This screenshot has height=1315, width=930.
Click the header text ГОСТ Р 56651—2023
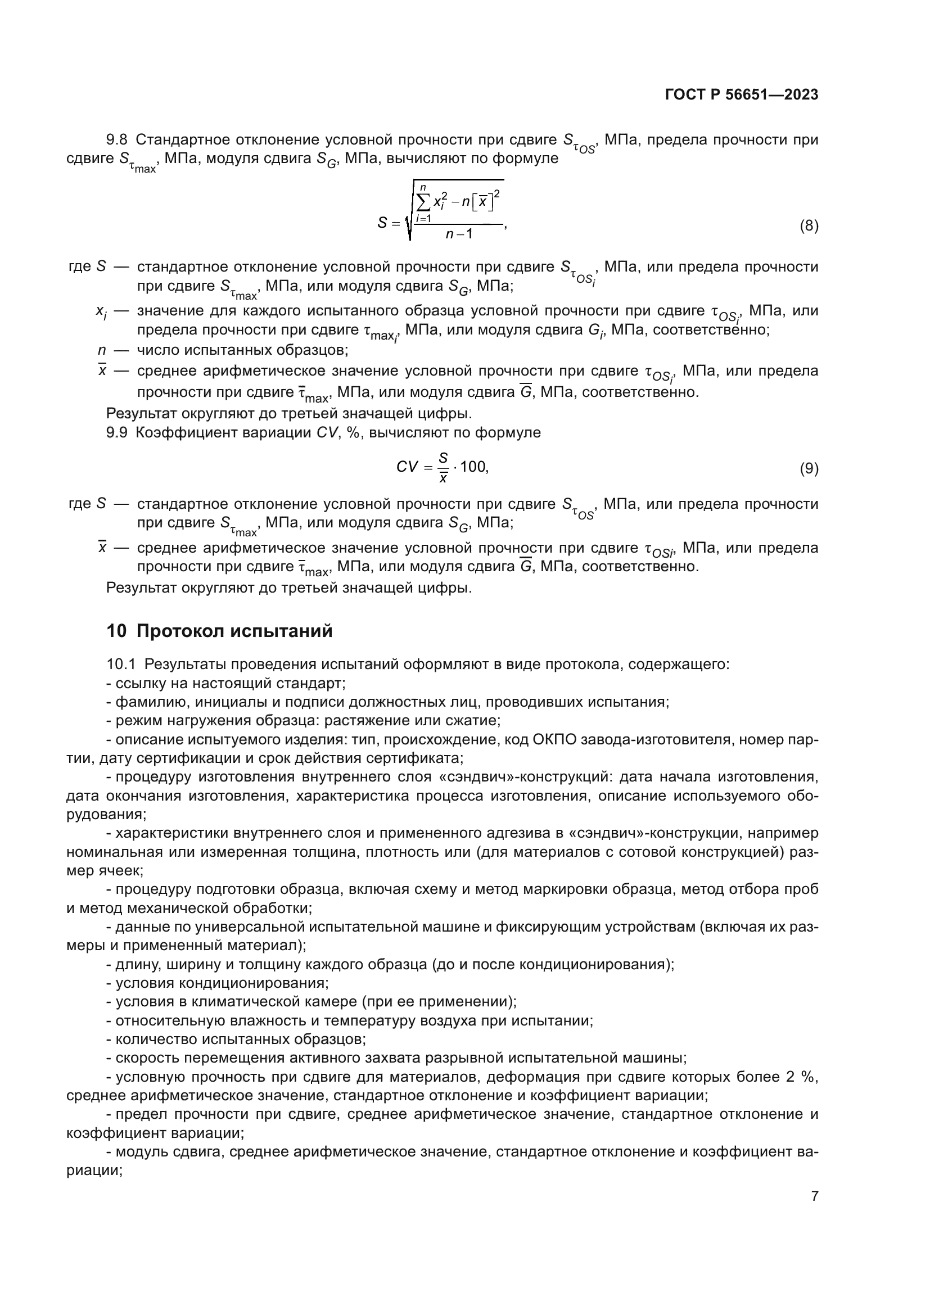(x=742, y=94)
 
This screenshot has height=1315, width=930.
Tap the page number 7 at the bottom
(x=814, y=1196)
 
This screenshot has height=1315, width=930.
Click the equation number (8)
(x=809, y=225)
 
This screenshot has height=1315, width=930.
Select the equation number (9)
(x=809, y=468)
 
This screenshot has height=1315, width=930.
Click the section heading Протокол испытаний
(x=235, y=631)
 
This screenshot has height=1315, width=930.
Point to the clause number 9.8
(x=117, y=140)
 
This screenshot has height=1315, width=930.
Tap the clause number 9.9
(x=117, y=432)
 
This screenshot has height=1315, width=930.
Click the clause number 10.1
(x=121, y=664)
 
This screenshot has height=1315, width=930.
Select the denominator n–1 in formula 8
(x=459, y=234)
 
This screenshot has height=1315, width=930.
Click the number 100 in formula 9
(x=473, y=467)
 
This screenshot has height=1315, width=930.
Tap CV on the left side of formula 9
(x=407, y=467)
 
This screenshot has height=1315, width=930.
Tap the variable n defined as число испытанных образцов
(x=102, y=350)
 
